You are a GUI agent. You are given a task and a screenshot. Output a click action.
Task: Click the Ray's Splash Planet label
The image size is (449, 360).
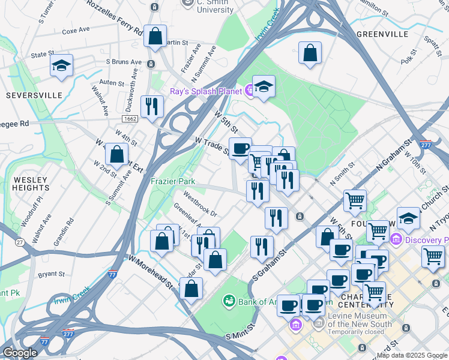(x=205, y=91)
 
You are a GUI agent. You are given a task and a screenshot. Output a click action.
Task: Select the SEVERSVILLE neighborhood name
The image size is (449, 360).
(x=34, y=95)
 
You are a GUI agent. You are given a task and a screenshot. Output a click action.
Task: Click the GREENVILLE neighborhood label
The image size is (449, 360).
(x=382, y=34)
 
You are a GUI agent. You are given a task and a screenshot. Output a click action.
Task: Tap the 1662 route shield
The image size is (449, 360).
(x=129, y=119)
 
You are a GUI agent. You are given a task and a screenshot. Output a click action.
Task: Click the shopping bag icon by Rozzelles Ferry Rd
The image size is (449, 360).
(x=155, y=36)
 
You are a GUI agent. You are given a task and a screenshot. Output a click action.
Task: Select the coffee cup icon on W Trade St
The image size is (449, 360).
(x=240, y=148)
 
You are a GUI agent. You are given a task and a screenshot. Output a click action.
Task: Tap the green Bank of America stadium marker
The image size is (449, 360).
(x=228, y=300)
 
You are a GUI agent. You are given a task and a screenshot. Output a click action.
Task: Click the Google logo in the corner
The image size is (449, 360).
(x=20, y=353)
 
